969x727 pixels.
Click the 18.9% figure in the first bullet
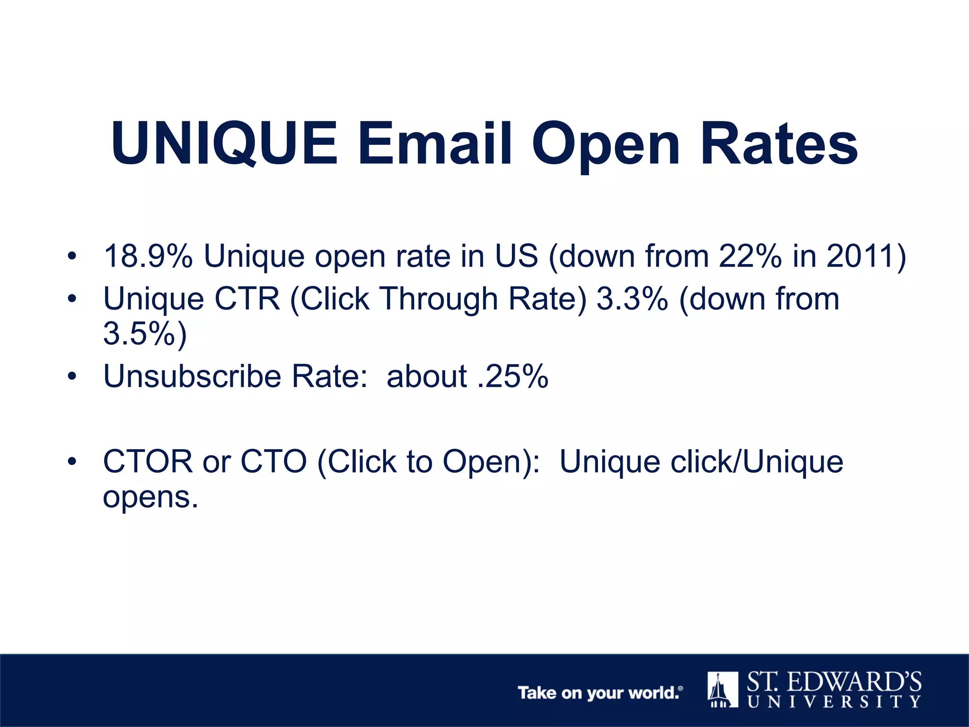click(x=148, y=256)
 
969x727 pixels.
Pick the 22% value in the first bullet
click(x=750, y=256)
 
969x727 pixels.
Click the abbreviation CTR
click(x=247, y=299)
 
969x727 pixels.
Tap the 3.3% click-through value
click(x=632, y=299)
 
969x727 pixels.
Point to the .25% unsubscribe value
click(x=513, y=376)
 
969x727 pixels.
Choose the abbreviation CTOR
click(x=148, y=461)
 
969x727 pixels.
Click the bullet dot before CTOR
click(x=72, y=462)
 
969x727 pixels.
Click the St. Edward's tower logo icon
click(x=722, y=690)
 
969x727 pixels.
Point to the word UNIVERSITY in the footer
click(x=834, y=701)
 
